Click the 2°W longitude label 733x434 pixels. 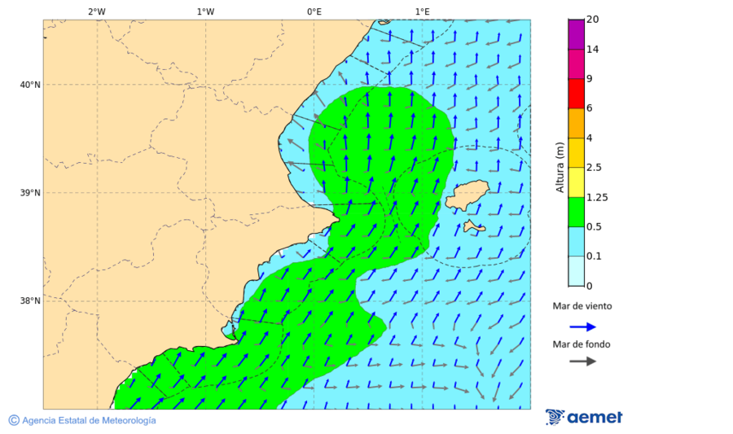96,11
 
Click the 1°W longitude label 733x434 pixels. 205,11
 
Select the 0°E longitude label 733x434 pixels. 314,11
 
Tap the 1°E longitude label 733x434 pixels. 422,11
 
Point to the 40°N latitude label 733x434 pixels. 30,85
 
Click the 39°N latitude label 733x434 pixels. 30,193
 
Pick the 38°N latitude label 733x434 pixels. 30,301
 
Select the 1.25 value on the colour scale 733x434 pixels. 598,197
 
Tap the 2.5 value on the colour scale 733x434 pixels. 595,168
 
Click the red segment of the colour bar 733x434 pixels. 576,94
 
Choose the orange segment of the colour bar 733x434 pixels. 576,123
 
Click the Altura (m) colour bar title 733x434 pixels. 560,167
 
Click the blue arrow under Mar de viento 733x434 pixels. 582,327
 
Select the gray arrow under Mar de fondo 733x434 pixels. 582,362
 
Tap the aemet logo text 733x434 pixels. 594,418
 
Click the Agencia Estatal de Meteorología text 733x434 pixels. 89,421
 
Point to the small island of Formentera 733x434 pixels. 474,227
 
